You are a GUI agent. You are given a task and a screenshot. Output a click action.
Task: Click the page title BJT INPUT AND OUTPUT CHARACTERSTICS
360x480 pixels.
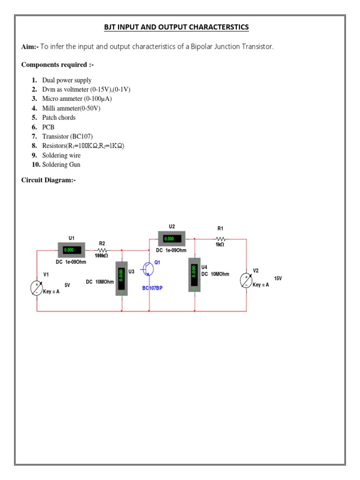pyautogui.click(x=176, y=27)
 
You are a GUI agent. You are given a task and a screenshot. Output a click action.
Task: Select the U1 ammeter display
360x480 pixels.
pyautogui.click(x=71, y=250)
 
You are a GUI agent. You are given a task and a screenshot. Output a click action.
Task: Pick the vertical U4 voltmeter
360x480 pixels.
pyautogui.click(x=195, y=274)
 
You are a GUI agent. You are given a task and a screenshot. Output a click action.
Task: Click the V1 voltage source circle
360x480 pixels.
pyautogui.click(x=37, y=288)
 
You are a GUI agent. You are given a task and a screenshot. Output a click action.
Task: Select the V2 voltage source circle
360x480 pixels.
pyautogui.click(x=247, y=280)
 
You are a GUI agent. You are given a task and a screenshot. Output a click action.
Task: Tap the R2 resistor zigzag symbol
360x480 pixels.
pyautogui.click(x=102, y=250)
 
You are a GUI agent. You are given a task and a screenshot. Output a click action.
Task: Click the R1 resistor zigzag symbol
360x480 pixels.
pyautogui.click(x=220, y=239)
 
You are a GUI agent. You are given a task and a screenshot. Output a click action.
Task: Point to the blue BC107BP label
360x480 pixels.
pyautogui.click(x=152, y=288)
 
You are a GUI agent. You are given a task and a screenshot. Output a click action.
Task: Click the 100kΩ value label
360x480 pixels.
pyautogui.click(x=101, y=256)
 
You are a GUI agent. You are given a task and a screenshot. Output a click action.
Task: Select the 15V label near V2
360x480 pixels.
pyautogui.click(x=278, y=278)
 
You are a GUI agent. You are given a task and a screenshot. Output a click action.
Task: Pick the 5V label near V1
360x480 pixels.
pyautogui.click(x=67, y=285)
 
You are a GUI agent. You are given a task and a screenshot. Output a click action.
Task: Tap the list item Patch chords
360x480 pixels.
pyautogui.click(x=59, y=118)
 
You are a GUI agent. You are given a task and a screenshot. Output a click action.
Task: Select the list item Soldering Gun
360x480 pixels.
pyautogui.click(x=61, y=165)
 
